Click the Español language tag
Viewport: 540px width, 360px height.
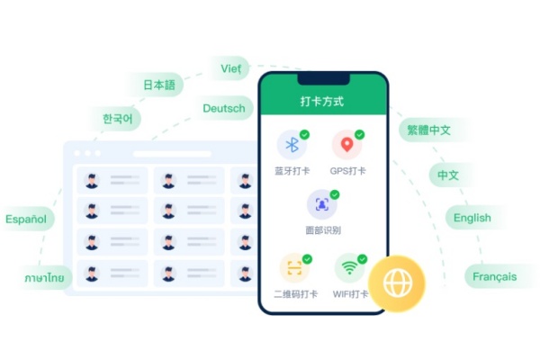26,219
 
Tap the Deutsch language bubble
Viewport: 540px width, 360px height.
224,108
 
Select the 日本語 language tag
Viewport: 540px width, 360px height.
159,85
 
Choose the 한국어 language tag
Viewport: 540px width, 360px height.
117,119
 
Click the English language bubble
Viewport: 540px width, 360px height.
472,218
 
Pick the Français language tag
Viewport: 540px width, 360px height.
495,276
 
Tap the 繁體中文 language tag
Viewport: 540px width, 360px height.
429,130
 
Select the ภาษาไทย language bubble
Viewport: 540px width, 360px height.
45,278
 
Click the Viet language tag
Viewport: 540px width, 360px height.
230,68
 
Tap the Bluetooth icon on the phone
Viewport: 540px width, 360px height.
292,145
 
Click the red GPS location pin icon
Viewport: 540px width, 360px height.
347,145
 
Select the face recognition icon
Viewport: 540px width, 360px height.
322,204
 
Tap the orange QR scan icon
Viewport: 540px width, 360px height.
294,268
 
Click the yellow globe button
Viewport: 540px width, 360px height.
397,283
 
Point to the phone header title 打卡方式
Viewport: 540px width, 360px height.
322,102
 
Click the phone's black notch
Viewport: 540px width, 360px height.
324,79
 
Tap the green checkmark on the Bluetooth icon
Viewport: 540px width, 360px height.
304,134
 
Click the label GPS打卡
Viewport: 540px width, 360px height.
347,171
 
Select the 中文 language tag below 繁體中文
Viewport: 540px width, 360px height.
448,175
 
